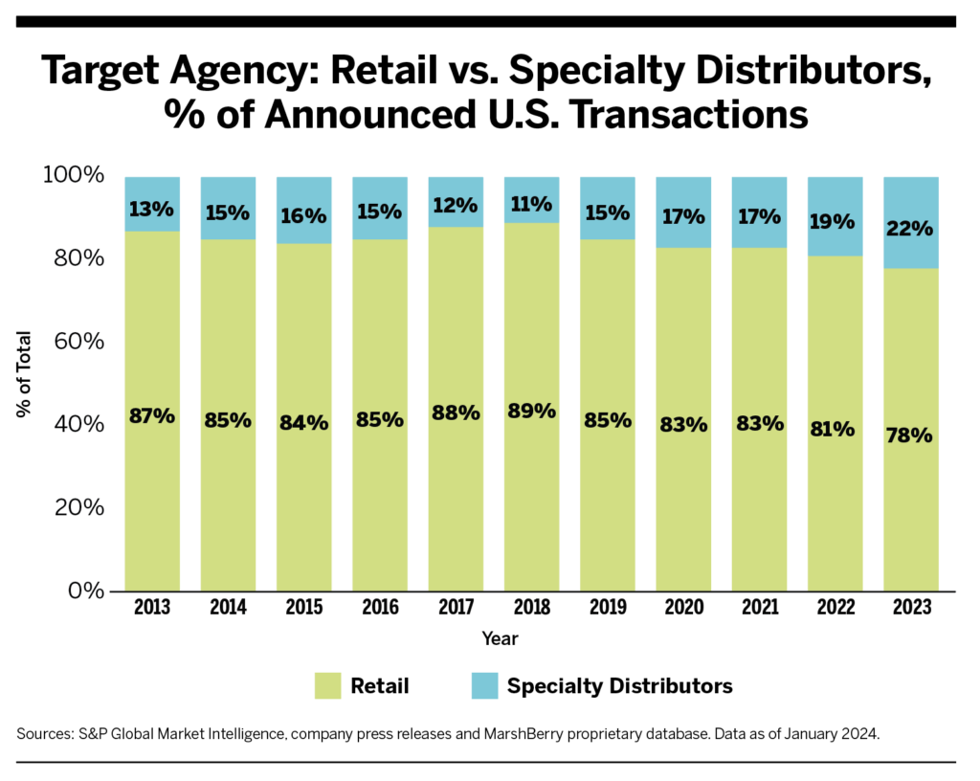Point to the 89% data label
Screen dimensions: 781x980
tap(532, 411)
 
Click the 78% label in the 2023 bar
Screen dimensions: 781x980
tap(910, 435)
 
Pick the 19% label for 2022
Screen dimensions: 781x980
tap(835, 222)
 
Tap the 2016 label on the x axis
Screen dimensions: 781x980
tap(380, 607)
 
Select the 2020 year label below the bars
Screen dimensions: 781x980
tap(683, 607)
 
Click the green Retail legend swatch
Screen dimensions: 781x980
tap(327, 685)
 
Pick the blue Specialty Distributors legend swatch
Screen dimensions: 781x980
tap(483, 685)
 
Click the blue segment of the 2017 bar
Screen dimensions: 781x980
tap(456, 203)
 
